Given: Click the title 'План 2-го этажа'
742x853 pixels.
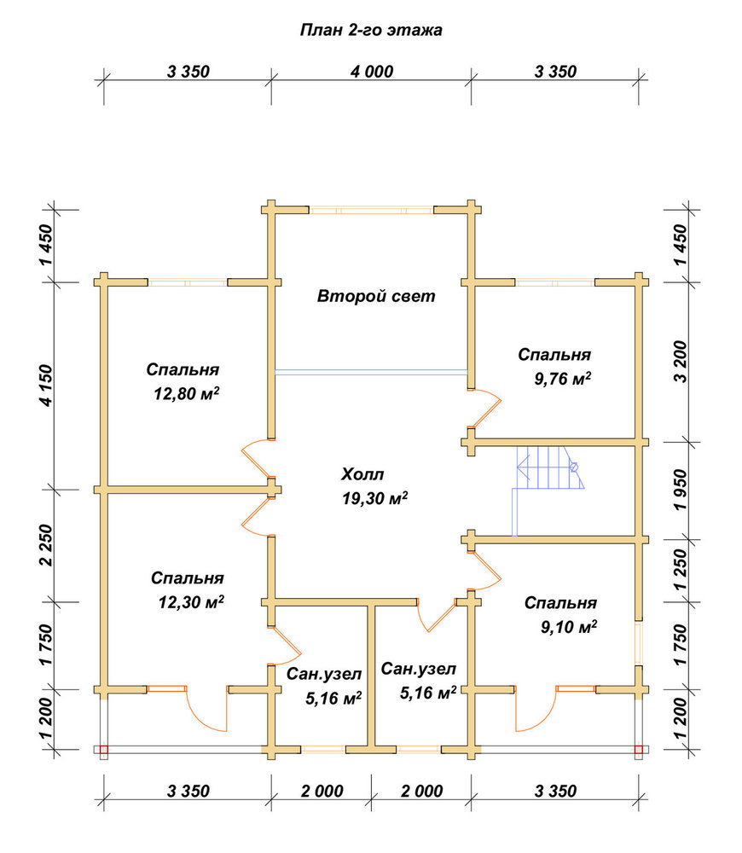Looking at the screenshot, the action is coord(371,29).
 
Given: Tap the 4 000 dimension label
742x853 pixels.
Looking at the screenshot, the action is coord(372,72).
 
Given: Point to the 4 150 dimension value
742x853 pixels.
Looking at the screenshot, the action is coord(47,386).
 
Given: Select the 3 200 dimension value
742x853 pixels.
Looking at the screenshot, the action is coord(681,362).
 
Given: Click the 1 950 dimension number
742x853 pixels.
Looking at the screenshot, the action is coord(681,490).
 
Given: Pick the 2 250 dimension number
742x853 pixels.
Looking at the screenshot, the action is coord(47,545).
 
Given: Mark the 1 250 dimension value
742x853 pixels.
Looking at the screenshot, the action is coord(681,570).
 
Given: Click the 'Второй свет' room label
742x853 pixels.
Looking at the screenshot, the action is coord(376,296).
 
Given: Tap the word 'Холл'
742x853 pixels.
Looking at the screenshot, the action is coord(362,474).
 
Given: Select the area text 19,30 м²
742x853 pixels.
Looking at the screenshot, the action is coord(374,498).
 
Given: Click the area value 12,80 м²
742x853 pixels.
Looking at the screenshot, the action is coord(186,392).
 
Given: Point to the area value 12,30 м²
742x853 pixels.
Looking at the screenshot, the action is coord(191,601).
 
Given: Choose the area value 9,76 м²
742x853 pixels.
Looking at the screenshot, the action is coord(563,378).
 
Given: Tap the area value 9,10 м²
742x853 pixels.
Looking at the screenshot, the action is coord(569,627).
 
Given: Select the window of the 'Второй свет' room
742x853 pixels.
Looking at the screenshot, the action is coord(372,210).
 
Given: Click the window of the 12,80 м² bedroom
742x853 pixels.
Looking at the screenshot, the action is coord(188,282).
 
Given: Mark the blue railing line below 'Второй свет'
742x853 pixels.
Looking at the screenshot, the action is coord(371,373).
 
